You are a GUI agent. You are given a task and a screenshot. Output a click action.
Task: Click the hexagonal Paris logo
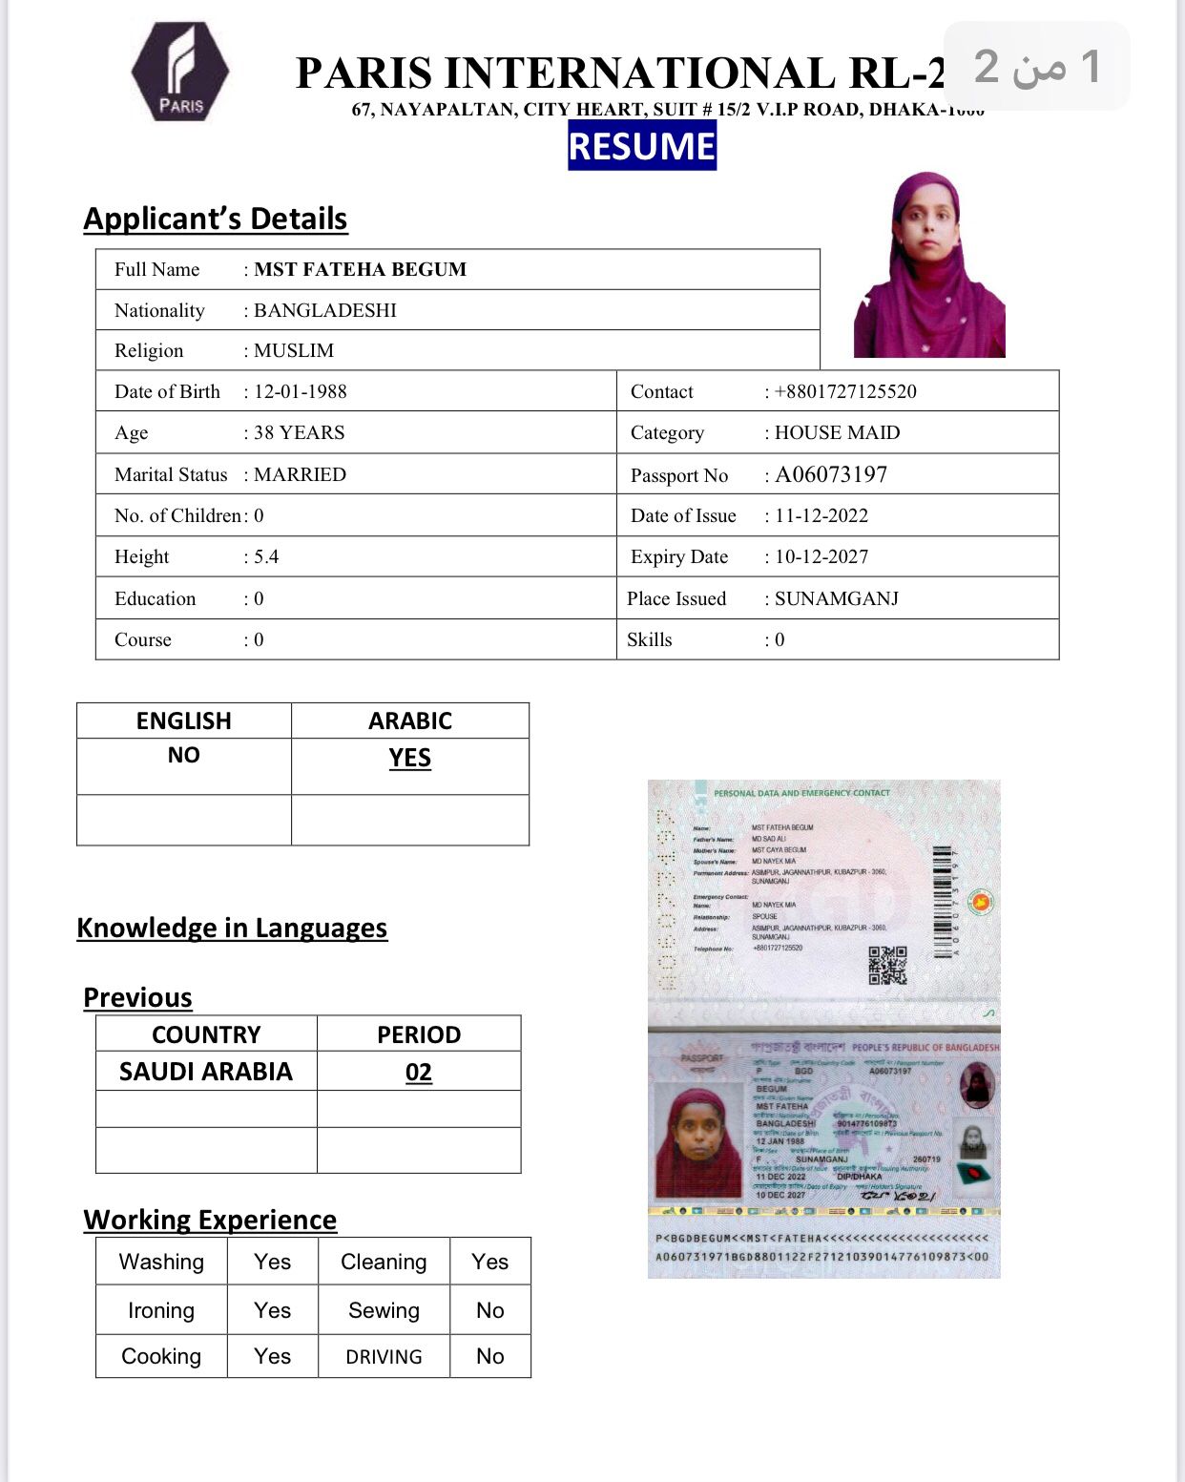click(x=180, y=73)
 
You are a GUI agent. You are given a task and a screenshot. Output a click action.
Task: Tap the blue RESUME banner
click(x=641, y=146)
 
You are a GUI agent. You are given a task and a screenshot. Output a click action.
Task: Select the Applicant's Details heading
click(x=216, y=219)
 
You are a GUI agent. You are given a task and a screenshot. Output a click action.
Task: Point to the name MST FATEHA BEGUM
click(x=360, y=269)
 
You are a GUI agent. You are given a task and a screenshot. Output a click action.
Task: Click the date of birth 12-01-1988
click(x=300, y=391)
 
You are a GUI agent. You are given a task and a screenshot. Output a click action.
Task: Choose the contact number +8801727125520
click(x=845, y=391)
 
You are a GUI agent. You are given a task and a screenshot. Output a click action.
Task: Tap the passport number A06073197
click(x=831, y=474)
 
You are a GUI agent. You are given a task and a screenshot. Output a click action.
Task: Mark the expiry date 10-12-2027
click(x=821, y=556)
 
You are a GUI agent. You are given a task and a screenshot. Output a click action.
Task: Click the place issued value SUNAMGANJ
click(x=837, y=598)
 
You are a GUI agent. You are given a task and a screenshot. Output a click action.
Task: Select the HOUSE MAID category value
click(x=837, y=432)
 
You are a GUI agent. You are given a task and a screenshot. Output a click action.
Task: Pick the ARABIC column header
click(x=410, y=720)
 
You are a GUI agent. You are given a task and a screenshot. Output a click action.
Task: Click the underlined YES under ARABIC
click(x=410, y=758)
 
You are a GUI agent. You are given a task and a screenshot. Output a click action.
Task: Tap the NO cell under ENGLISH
click(x=184, y=755)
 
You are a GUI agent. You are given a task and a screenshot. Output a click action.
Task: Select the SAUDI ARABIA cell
click(x=206, y=1072)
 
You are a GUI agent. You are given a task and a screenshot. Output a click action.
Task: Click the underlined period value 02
click(x=419, y=1073)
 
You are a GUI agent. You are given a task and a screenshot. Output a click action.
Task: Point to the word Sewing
click(x=384, y=1310)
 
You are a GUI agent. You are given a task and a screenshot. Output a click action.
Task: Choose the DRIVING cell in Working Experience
click(x=384, y=1356)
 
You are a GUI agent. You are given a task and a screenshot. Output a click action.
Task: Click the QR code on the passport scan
click(x=887, y=965)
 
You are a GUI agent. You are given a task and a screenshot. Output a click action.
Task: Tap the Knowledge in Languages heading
click(x=232, y=928)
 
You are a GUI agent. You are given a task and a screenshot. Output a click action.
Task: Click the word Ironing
click(x=161, y=1310)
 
